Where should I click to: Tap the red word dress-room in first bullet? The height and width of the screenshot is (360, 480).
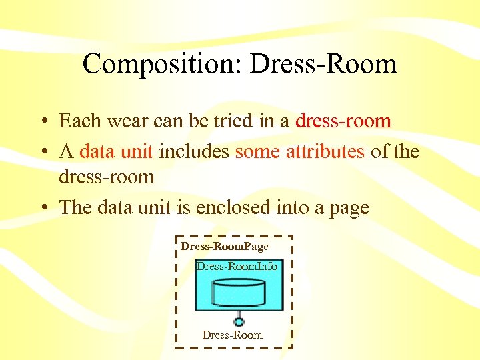343,121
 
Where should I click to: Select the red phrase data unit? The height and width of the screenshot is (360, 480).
117,151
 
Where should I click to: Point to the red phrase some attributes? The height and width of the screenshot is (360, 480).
299,151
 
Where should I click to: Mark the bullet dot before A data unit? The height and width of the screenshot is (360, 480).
42,152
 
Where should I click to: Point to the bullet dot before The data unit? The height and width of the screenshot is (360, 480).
42,208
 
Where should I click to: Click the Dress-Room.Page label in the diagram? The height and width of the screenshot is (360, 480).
224,247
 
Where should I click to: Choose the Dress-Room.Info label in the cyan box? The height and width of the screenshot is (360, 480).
237,266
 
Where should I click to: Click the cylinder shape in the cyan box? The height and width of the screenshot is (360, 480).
238,291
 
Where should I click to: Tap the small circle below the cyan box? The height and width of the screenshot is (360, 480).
238,321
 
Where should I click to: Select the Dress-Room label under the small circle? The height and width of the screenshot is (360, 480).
233,335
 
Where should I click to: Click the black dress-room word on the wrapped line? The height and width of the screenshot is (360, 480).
107,177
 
